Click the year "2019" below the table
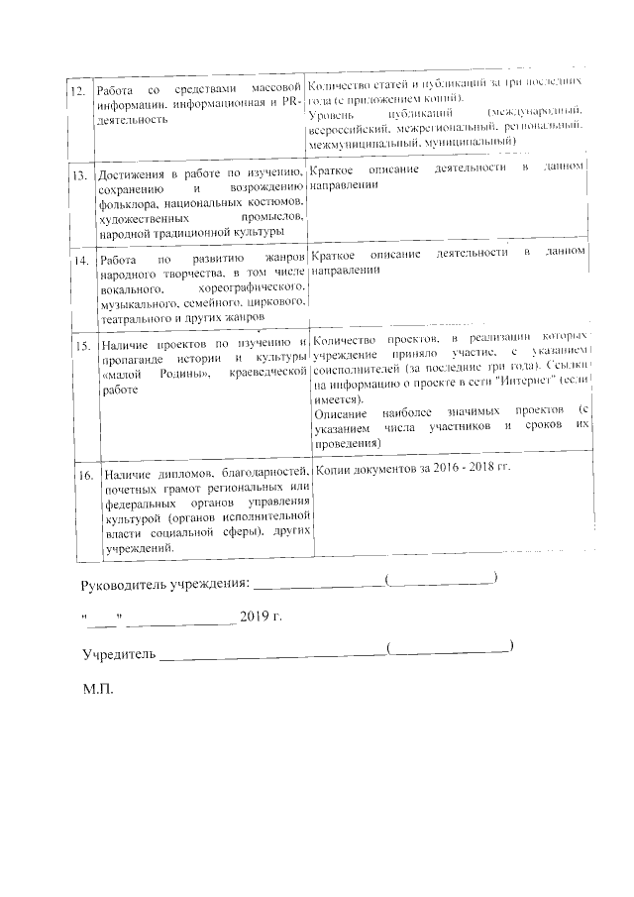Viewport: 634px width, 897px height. click(x=254, y=617)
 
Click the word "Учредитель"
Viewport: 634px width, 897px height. click(x=117, y=654)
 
